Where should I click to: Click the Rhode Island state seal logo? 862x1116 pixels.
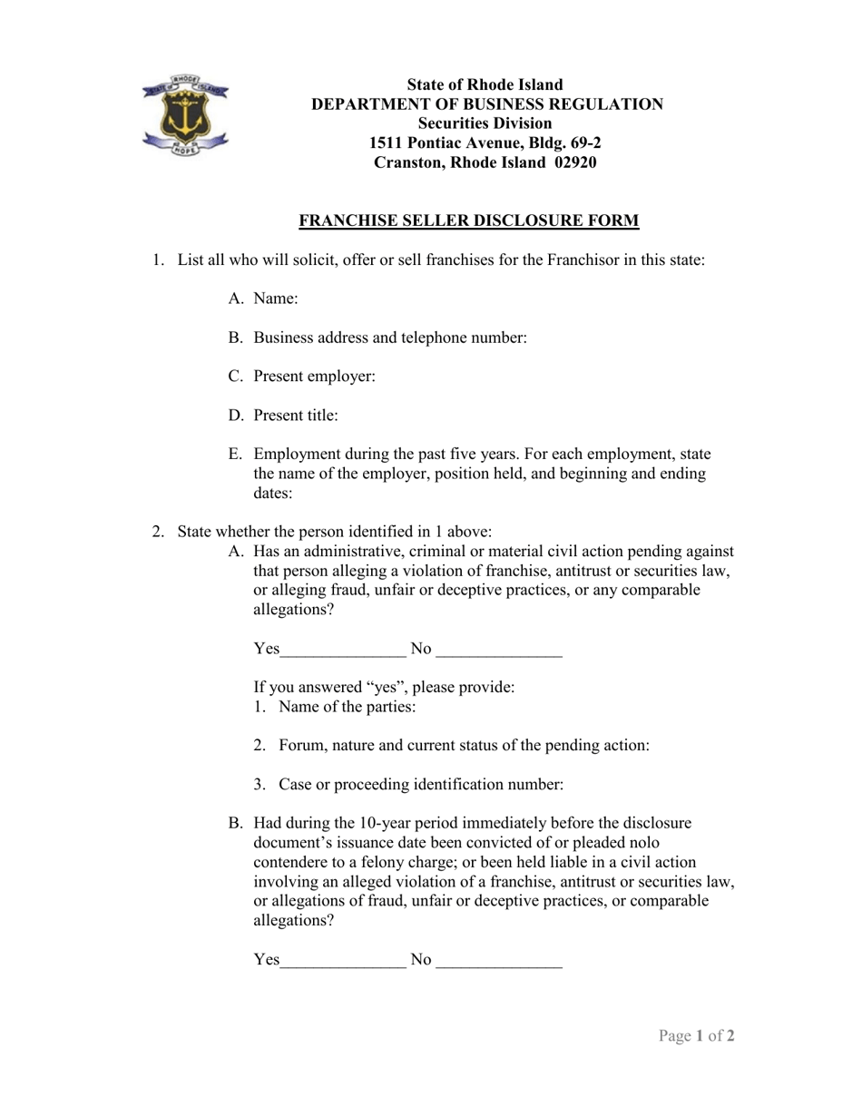click(185, 114)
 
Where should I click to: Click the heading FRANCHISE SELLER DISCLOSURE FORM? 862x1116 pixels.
click(469, 220)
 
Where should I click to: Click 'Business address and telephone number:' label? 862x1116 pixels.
click(390, 338)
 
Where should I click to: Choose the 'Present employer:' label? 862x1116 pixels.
click(314, 377)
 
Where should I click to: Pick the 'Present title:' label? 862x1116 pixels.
click(296, 416)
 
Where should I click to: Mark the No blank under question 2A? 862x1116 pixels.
click(498, 650)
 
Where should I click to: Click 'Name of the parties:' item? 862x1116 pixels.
click(347, 707)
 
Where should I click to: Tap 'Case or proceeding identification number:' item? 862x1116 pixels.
click(421, 785)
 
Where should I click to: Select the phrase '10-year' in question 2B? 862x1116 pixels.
click(388, 824)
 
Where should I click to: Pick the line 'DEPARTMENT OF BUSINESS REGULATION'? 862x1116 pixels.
click(487, 104)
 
